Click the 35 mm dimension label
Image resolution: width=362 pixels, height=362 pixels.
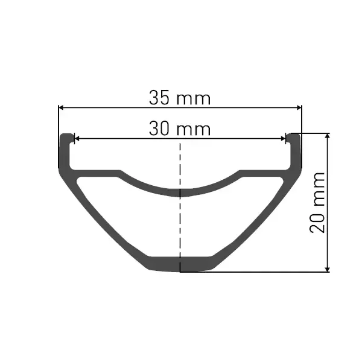(180, 98)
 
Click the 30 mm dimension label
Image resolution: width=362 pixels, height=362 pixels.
(180, 129)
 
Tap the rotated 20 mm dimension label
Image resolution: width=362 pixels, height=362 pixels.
(317, 203)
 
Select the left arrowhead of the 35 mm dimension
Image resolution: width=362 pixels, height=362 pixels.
(61, 107)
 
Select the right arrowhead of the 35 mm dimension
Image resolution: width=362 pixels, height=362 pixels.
(299, 107)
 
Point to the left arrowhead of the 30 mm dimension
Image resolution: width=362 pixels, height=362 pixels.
(77, 139)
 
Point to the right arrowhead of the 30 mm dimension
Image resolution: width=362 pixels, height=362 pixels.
(283, 139)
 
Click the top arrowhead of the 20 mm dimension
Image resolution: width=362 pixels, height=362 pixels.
(328, 136)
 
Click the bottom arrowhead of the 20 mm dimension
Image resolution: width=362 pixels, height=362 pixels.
(328, 269)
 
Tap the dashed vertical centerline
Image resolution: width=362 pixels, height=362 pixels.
(180, 208)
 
